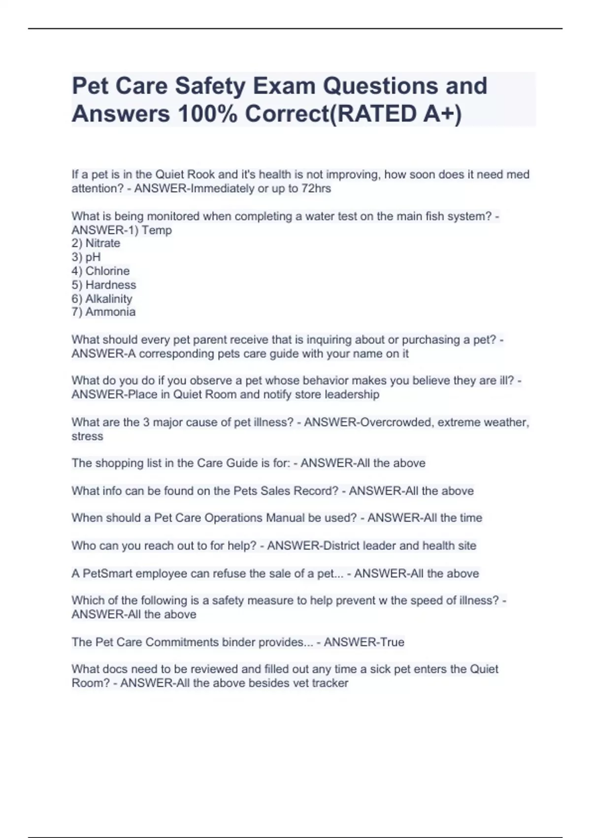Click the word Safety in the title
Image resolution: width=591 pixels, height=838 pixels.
pyautogui.click(x=210, y=86)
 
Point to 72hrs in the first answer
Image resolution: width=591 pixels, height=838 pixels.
pyautogui.click(x=316, y=188)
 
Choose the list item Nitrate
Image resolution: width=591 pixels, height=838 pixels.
pyautogui.click(x=102, y=243)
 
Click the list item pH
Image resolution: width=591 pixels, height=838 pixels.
pyautogui.click(x=93, y=257)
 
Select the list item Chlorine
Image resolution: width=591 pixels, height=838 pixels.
pyautogui.click(x=107, y=271)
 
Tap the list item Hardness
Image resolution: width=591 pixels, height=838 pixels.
pyautogui.click(x=110, y=285)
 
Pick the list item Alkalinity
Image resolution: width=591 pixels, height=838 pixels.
pyautogui.click(x=108, y=299)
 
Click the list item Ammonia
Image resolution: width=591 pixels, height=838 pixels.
pyautogui.click(x=110, y=312)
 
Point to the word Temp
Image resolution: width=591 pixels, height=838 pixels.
pyautogui.click(x=157, y=230)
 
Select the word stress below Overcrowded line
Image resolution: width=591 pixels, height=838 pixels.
pyautogui.click(x=87, y=436)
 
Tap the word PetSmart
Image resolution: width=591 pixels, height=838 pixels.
pyautogui.click(x=108, y=573)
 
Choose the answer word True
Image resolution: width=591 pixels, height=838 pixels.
pyautogui.click(x=393, y=642)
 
